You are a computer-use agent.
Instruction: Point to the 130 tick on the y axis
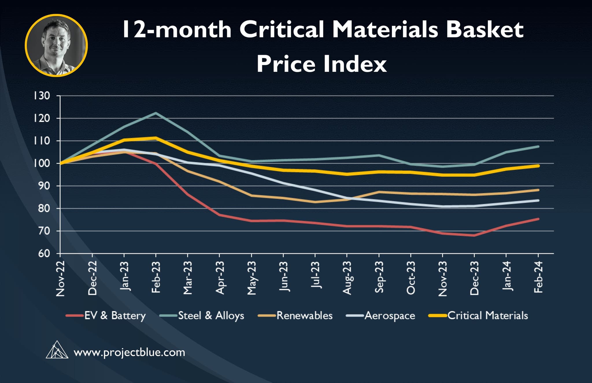pyautogui.click(x=42, y=96)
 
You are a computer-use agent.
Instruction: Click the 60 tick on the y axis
pyautogui.click(x=44, y=254)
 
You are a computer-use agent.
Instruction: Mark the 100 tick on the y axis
pyautogui.click(x=42, y=163)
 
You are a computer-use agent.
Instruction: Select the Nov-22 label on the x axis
pyautogui.click(x=60, y=279)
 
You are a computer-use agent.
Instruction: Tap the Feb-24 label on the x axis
pyautogui.click(x=538, y=277)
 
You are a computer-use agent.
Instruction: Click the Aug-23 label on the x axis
pyautogui.click(x=347, y=278)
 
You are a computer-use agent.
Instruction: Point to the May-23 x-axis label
pyautogui.click(x=251, y=278)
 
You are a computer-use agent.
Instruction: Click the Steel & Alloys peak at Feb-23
pyautogui.click(x=156, y=113)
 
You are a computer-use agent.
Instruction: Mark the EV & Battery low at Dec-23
pyautogui.click(x=474, y=235)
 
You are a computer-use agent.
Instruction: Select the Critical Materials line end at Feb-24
pyautogui.click(x=538, y=166)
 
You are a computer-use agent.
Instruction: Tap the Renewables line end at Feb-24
pyautogui.click(x=538, y=190)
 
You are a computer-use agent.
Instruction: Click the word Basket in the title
pyautogui.click(x=485, y=30)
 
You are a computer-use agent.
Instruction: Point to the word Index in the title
pyautogui.click(x=355, y=64)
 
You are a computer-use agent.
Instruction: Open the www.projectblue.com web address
pyautogui.click(x=129, y=352)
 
